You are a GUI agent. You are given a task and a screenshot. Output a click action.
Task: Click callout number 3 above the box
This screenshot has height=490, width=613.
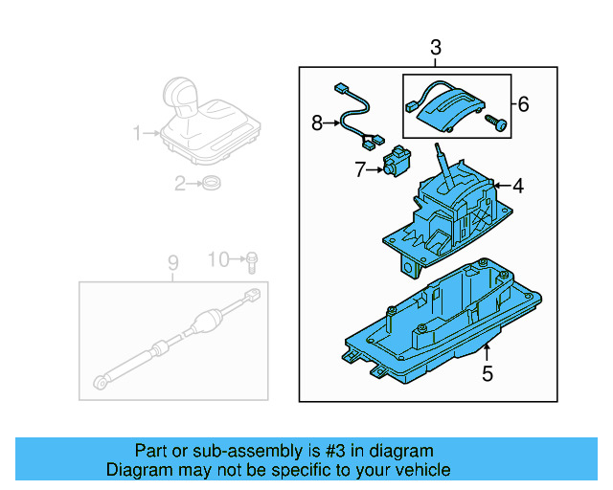(436, 48)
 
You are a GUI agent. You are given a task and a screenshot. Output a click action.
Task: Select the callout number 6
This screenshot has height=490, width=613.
(523, 103)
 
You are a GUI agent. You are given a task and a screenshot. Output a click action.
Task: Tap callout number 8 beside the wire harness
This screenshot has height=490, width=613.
(318, 122)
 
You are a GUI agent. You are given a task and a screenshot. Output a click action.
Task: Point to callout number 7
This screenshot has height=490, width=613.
(361, 170)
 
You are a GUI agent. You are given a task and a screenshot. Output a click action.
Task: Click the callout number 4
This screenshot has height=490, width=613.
(517, 187)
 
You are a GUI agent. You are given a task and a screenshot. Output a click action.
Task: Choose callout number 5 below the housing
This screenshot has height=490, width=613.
(487, 374)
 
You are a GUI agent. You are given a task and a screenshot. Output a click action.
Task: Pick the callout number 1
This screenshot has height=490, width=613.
(137, 132)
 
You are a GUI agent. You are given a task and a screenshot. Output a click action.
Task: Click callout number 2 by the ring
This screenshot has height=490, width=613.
(179, 184)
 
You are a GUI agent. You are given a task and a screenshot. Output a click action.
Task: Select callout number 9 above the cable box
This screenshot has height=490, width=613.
(173, 261)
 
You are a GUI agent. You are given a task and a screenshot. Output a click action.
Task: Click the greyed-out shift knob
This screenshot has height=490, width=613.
(181, 94)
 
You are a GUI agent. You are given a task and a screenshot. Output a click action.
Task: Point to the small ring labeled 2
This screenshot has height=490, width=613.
(212, 184)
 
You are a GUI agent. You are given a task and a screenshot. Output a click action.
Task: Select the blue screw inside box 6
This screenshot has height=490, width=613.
(496, 122)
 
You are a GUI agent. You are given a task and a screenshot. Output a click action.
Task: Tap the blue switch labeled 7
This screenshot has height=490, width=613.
(395, 163)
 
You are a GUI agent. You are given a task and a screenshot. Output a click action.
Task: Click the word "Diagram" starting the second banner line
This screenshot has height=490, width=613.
(137, 470)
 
